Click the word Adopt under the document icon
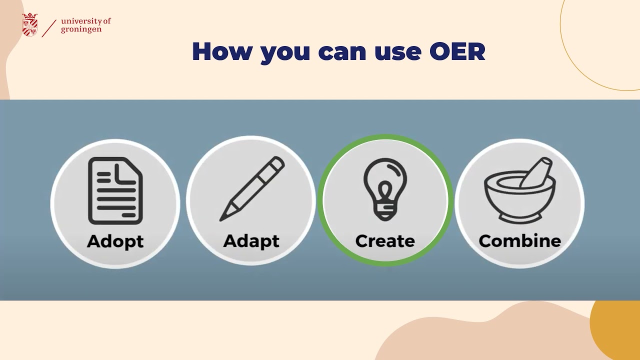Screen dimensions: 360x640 (115, 241)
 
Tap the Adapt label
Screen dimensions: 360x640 (251, 241)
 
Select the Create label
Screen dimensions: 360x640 (385, 241)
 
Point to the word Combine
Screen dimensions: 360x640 (520, 241)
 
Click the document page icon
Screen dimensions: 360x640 (115, 190)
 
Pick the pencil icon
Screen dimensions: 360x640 (252, 189)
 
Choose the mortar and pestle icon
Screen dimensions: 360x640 (520, 190)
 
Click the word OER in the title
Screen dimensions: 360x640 (457, 51)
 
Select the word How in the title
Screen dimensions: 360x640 (221, 51)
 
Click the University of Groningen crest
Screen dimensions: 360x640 (30, 24)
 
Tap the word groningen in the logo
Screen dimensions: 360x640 (81, 29)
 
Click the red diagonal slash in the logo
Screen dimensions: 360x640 (49, 28)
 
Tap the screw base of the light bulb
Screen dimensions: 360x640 (385, 211)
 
